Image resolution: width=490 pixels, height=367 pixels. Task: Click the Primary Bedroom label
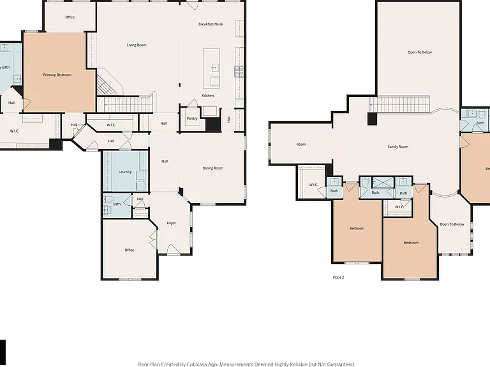point(57,75)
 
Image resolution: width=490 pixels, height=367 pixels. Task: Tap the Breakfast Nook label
point(211,24)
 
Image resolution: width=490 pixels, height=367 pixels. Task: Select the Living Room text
point(137,45)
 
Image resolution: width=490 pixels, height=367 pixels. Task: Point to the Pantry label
point(192,119)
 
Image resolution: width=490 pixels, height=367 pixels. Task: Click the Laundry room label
point(125,171)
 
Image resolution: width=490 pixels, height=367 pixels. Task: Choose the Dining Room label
point(213,168)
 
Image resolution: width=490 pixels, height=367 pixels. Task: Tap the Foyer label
point(171,223)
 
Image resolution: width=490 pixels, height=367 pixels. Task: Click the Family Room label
point(398,147)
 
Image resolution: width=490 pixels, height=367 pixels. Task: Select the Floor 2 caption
point(338,277)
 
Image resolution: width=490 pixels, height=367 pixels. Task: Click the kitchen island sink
point(215,68)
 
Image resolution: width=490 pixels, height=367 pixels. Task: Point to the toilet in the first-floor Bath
point(108,199)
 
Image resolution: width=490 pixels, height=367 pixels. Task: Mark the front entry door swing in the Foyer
point(172,249)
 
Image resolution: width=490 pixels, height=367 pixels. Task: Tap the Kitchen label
point(208,96)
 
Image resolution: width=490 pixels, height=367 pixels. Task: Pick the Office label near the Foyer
point(130,250)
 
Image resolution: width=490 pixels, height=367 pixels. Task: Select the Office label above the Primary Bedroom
point(70,17)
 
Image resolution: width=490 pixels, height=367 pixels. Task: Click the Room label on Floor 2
point(301,144)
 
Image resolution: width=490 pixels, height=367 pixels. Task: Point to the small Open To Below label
point(452,224)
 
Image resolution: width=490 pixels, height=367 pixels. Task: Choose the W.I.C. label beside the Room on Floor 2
point(313,185)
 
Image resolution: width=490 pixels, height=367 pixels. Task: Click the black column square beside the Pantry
point(214,125)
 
